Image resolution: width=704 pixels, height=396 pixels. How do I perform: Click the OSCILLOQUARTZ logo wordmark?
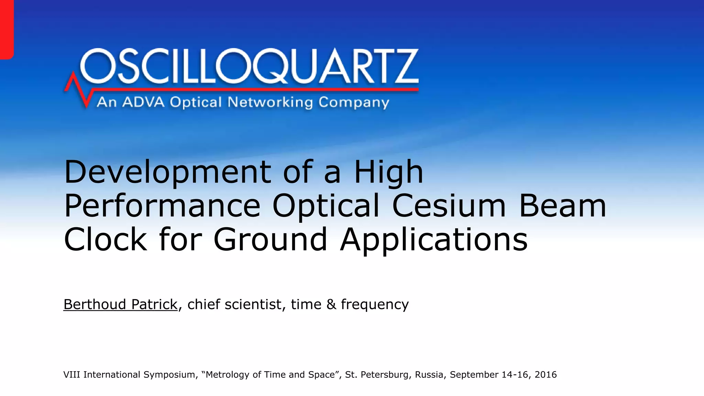[x=249, y=66]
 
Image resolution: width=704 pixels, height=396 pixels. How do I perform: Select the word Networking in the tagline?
[x=270, y=102]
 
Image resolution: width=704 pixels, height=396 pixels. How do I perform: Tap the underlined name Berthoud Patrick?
[x=120, y=304]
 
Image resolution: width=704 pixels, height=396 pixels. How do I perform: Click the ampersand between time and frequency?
[x=331, y=304]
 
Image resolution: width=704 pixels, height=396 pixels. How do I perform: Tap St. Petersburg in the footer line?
[x=378, y=375]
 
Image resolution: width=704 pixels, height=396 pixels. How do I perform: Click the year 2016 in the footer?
[x=546, y=374]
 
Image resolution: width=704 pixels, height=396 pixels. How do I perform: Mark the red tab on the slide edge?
[x=7, y=29]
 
